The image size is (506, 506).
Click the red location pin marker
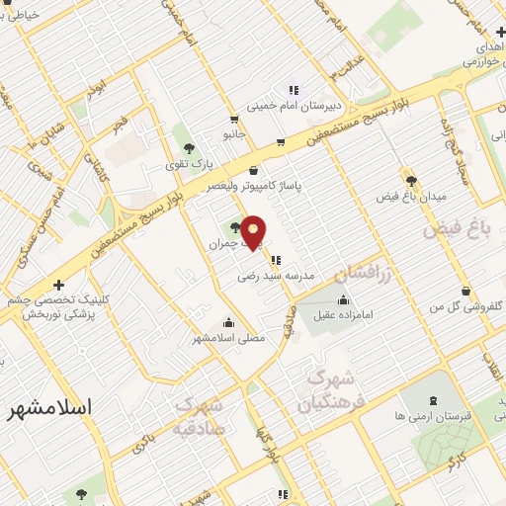click(254, 231)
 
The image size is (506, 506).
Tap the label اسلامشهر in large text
click(48, 407)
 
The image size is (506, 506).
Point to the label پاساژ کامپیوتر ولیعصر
click(254, 185)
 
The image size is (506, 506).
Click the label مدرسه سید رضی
click(276, 277)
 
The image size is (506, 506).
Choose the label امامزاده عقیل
click(341, 315)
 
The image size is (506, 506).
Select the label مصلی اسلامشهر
click(229, 338)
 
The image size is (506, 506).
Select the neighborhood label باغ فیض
click(458, 229)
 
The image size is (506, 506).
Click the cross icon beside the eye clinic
click(58, 284)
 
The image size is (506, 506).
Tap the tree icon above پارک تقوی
click(190, 148)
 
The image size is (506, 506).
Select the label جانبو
click(232, 131)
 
